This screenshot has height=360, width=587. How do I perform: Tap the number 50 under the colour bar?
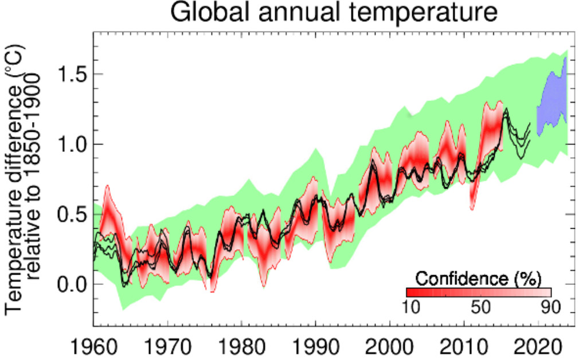pos(480,307)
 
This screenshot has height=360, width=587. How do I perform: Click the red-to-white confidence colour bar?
pos(478,292)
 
